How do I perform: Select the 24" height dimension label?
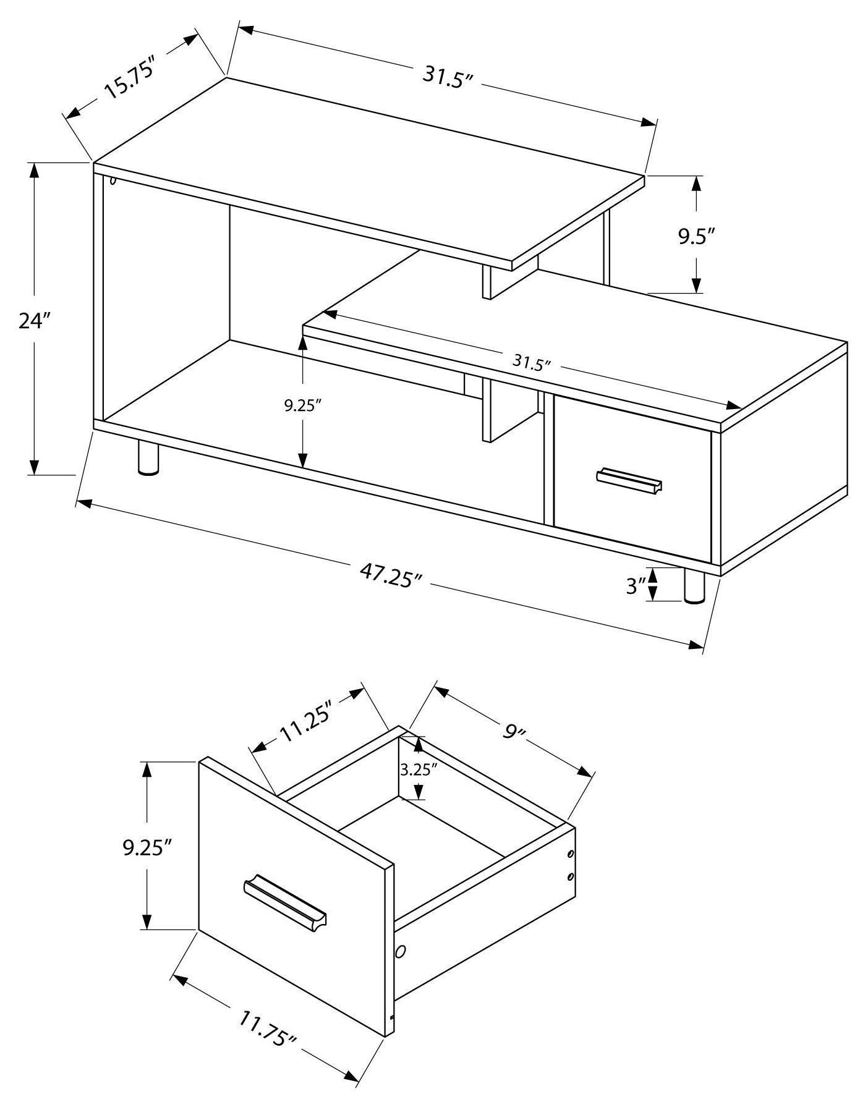click(x=33, y=321)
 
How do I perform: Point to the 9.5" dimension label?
click(x=696, y=237)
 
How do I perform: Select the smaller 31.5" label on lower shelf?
click(x=531, y=362)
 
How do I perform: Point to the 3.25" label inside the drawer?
click(x=419, y=769)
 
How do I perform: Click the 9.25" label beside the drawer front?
click(x=147, y=847)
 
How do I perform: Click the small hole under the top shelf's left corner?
click(x=113, y=180)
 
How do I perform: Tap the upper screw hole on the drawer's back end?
click(x=570, y=855)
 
